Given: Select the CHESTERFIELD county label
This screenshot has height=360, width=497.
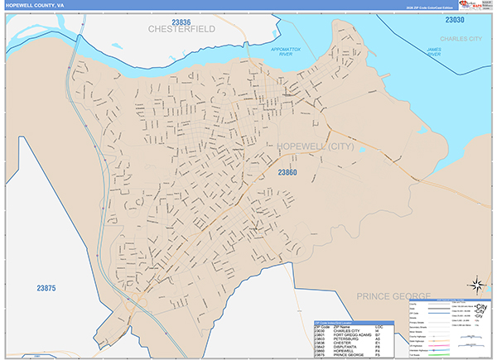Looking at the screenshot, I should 181,29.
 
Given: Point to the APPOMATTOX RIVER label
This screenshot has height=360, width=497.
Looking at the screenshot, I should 287,53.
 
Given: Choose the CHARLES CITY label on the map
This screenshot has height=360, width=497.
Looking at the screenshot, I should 461,38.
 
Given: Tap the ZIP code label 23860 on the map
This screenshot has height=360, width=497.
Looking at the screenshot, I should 287,172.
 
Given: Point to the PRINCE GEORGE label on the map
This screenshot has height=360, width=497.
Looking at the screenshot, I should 393,295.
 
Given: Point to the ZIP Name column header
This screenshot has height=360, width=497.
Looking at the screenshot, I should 342,326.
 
